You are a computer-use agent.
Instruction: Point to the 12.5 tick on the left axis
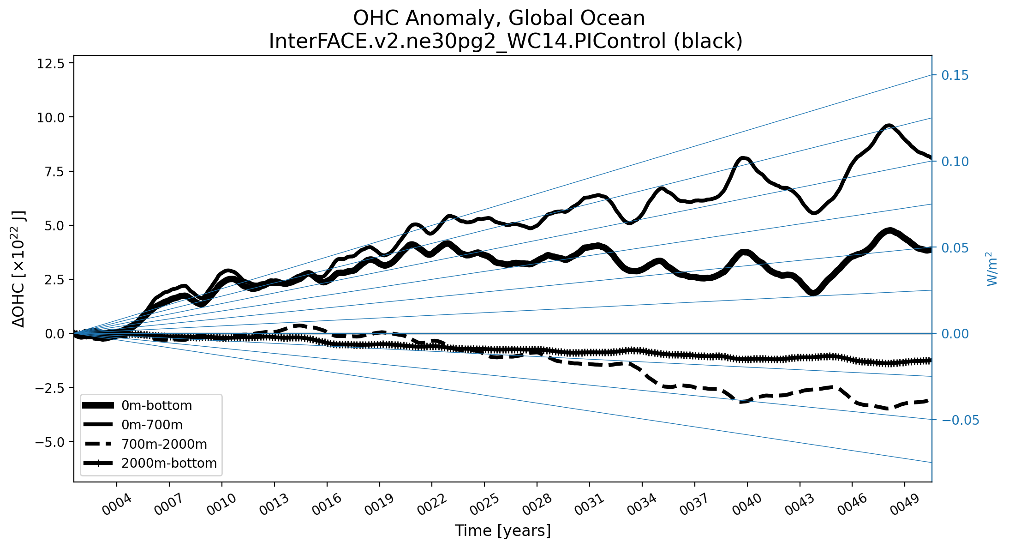[51, 63]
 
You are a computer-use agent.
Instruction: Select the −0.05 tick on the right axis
[960, 420]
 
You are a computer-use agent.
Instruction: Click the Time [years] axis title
[503, 531]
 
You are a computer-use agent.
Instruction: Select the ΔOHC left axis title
[19, 269]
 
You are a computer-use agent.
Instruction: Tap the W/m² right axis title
[992, 269]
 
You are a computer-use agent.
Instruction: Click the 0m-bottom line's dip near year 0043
[814, 292]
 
